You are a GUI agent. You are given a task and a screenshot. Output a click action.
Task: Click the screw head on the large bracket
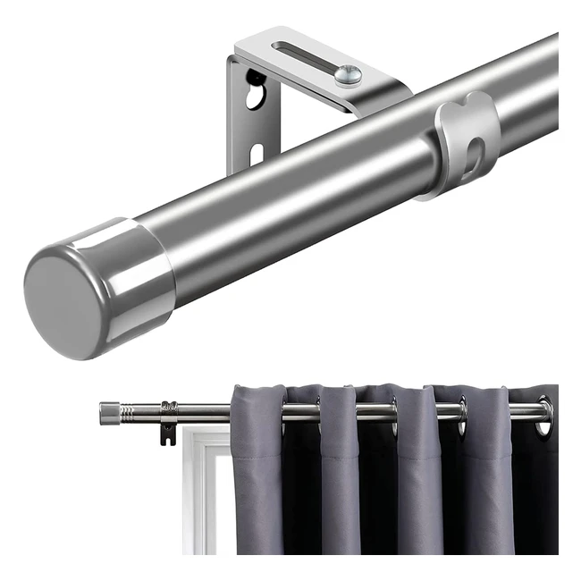[x=348, y=75]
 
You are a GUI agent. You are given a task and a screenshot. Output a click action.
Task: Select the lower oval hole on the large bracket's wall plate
[x=257, y=155]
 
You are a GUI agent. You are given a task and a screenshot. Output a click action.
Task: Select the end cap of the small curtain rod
[x=109, y=413]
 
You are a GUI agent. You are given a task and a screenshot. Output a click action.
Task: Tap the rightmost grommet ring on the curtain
[x=544, y=416]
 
